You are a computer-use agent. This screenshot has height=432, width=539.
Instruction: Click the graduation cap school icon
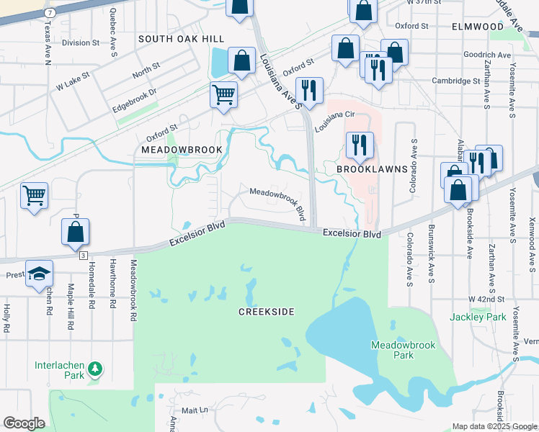coord(39,274)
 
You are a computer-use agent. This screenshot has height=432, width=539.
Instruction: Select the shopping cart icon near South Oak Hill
coord(224,94)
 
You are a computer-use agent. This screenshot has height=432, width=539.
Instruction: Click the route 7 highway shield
coord(50,13)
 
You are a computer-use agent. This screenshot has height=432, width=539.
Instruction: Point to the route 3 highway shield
coord(84,256)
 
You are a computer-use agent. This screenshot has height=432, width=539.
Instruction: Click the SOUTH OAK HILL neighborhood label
coord(181,39)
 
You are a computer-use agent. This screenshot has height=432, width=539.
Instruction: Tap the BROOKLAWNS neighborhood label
coord(373,169)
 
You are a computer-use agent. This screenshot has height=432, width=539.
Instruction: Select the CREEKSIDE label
coord(267,311)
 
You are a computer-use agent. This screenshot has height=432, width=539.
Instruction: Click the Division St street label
coord(80,43)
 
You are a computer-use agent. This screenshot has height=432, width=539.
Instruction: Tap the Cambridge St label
coord(455,81)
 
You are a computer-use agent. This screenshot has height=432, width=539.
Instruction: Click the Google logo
coord(24,423)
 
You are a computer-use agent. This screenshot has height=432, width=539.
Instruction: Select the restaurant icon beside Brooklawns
coord(357,145)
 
